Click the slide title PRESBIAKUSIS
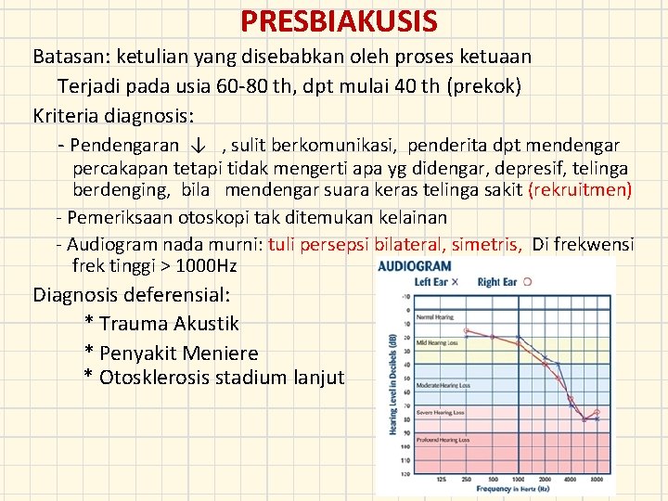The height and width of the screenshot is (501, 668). click(x=338, y=19)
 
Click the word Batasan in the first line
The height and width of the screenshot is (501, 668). click(x=68, y=57)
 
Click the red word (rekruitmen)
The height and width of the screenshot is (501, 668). click(x=580, y=191)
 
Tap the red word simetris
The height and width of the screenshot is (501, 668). click(x=487, y=244)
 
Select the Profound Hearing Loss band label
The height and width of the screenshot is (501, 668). click(x=441, y=439)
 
